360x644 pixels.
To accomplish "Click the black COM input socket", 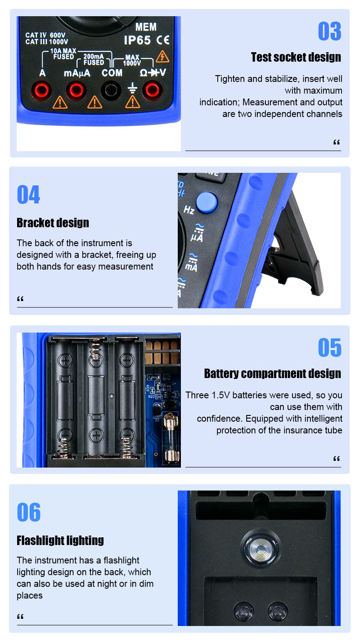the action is point(111,90).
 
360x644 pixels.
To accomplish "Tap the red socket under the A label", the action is point(41,90).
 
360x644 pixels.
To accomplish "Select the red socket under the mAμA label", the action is point(76,90).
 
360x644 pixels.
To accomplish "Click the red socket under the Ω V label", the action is point(153,90).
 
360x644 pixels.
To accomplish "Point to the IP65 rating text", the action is point(137,40).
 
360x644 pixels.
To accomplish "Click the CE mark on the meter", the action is point(163,40).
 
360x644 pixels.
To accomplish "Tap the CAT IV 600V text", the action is point(45,35).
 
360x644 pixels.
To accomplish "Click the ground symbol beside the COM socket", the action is point(132,88).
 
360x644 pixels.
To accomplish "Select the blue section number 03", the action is point(329,32).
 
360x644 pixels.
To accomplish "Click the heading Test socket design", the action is point(296,57).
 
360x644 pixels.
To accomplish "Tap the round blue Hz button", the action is point(207,203).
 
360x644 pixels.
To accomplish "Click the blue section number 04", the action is point(28,194).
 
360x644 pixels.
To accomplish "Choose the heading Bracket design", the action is point(53,223).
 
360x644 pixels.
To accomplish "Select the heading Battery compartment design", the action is point(273,373).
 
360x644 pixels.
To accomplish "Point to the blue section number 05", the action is point(329,347).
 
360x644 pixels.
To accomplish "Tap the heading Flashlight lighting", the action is point(60,540).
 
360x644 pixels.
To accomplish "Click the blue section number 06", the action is point(29,512).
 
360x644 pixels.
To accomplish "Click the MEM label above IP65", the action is point(146,27).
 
